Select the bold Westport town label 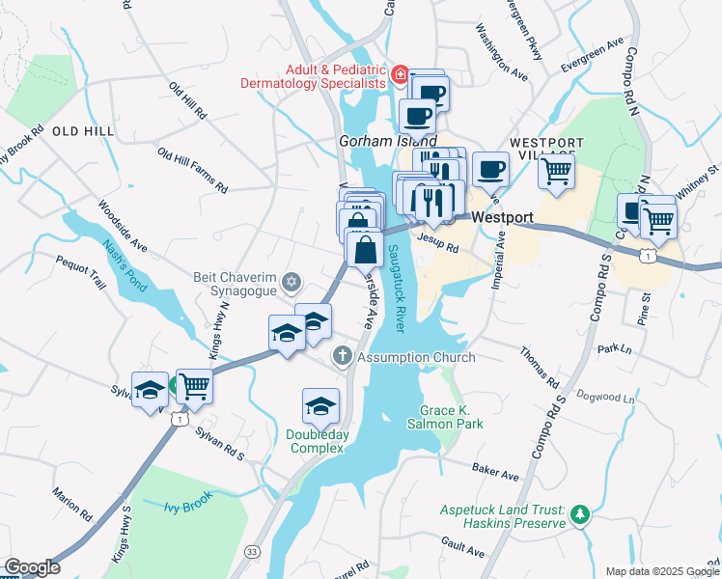coord(502,218)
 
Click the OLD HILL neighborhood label coord(83,130)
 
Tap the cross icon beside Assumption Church coord(342,357)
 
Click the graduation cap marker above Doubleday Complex coord(320,406)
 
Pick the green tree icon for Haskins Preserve coord(579,514)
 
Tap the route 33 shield coord(252,551)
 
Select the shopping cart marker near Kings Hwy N coord(194,386)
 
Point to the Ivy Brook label coord(186,506)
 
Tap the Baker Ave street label coord(496,474)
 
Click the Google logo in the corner coord(32,567)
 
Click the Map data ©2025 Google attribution coord(661,571)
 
